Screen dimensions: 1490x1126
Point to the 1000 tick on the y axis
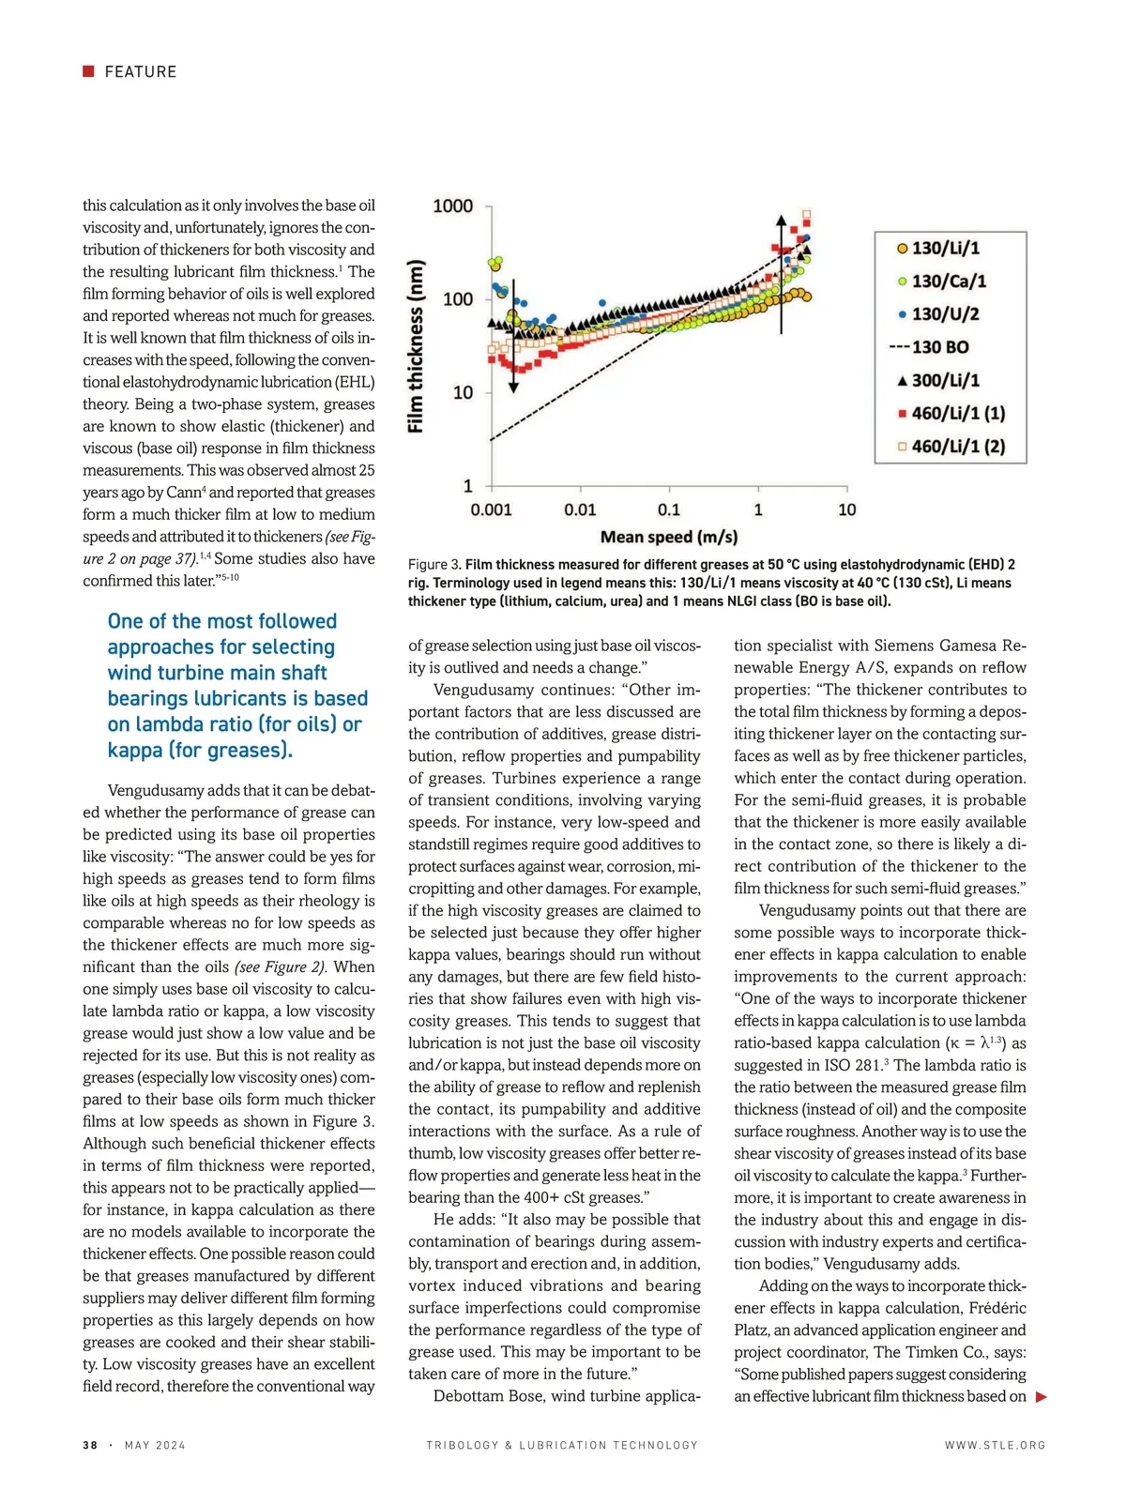point(453,206)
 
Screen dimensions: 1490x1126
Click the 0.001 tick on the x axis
point(491,509)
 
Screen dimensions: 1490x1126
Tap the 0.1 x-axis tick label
point(669,509)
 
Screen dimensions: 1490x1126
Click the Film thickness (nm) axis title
point(416,345)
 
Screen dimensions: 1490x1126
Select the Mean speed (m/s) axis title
point(668,537)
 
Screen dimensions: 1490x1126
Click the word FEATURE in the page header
point(141,72)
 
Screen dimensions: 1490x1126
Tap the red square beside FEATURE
point(89,71)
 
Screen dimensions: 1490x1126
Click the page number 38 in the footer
point(90,1445)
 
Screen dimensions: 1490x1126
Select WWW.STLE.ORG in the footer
point(995,1445)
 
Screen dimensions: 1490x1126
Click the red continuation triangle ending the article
point(1041,1397)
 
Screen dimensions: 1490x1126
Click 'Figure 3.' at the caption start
point(434,565)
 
